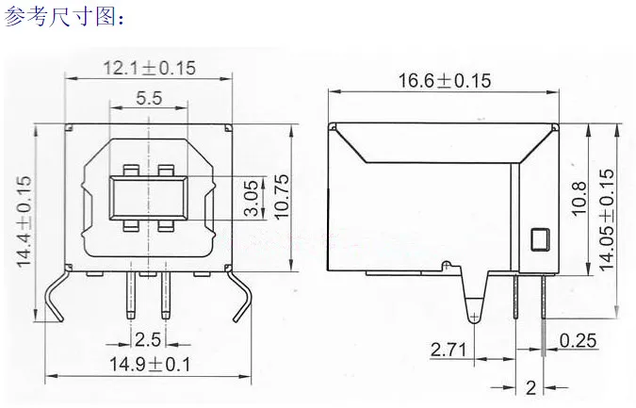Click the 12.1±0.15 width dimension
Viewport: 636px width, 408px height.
[149, 68]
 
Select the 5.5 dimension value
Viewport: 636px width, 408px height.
[149, 98]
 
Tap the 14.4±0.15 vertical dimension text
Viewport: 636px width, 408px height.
[24, 221]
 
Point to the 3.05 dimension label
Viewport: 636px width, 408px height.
[252, 198]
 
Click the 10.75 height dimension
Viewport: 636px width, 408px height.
[282, 197]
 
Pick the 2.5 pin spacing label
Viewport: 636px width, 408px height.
[148, 339]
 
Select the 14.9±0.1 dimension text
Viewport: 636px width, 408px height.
[150, 365]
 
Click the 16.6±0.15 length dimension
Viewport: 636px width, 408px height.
[444, 80]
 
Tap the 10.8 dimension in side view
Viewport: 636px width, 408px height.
[579, 198]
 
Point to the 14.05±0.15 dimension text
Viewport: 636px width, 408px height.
[607, 220]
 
